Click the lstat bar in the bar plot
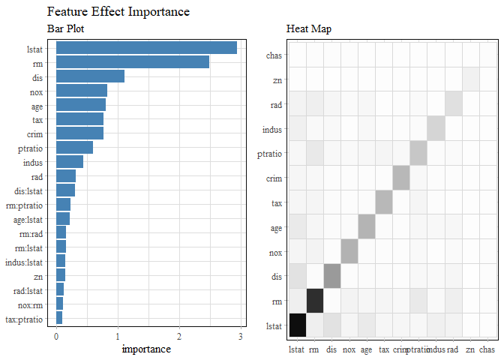pos(146,48)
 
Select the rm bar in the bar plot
pos(133,62)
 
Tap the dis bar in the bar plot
pos(90,76)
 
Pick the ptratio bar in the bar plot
pos(74,148)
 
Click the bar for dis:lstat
pos(65,190)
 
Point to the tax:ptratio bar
pos(59,318)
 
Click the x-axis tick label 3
pos(241,336)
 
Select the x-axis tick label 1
pos(118,336)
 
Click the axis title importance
pos(146,349)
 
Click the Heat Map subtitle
pos(309,29)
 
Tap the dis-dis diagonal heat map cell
pos(332,276)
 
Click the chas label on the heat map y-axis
pos(275,55)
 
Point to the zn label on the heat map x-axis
pos(470,349)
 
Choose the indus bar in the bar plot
pos(70,162)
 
